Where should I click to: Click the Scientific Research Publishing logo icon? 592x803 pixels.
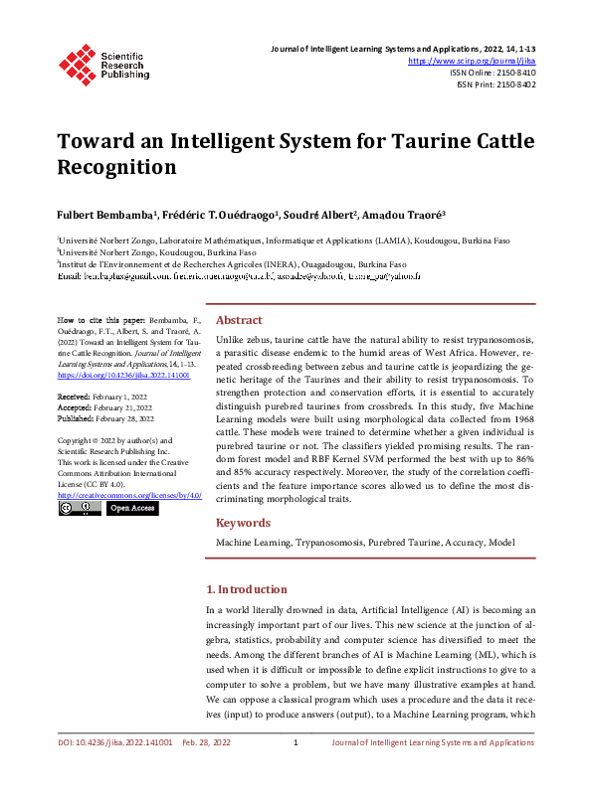coord(77,62)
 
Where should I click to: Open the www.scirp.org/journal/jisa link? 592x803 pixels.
coord(472,61)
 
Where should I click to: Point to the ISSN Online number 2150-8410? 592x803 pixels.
coord(512,73)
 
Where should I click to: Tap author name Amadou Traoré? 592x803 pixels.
coord(403,215)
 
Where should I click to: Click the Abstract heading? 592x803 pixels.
coord(239,320)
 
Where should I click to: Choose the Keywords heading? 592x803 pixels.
coord(243,523)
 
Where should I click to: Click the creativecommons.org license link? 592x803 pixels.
coord(129,494)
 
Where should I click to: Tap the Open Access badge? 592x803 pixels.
coord(132,508)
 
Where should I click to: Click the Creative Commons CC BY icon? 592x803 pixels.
coord(80,508)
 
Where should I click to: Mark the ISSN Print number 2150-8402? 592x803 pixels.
coord(510,84)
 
